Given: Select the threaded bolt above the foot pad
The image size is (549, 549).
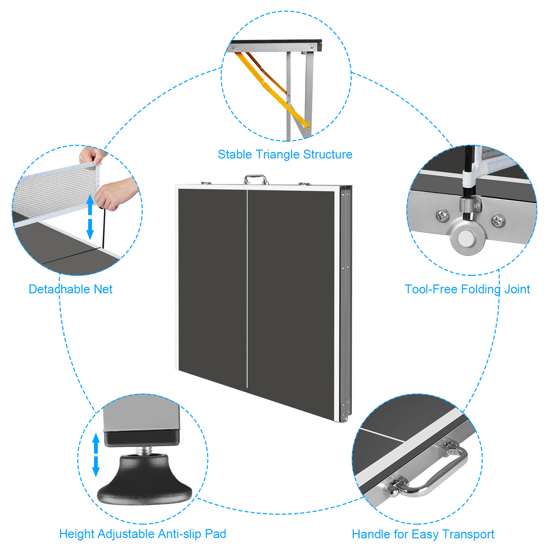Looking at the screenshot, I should pos(144,451).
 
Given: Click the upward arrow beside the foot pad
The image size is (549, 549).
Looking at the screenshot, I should pos(96,443).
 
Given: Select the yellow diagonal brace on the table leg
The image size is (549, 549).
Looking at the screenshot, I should pos(271,89).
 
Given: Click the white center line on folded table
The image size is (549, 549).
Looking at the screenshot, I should pos(247,288).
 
